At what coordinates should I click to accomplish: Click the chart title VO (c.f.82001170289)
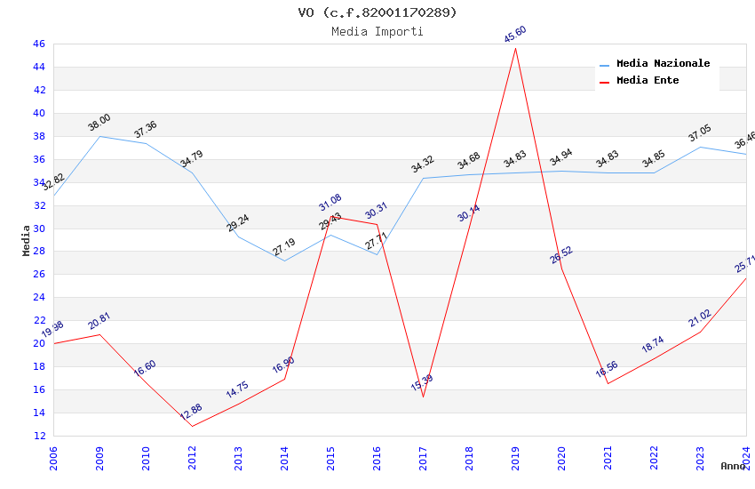pos(377,12)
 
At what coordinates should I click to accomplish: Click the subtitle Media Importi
pos(377,31)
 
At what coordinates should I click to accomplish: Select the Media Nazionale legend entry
pos(663,64)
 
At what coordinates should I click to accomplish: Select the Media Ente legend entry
pos(648,81)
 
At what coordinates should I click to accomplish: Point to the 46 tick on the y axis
pos(38,44)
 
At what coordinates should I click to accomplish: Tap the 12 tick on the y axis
pos(38,436)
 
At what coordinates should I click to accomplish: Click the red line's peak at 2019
pos(515,48)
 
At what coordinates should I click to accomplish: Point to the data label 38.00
pos(99,123)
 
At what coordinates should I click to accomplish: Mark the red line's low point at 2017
pos(423,397)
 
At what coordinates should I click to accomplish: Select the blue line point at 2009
pos(99,136)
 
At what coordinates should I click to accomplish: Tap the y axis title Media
pos(27,239)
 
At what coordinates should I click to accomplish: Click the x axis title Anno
pos(733,466)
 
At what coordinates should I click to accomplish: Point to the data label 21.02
pos(700,318)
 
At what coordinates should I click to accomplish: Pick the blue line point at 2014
pos(284,261)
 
